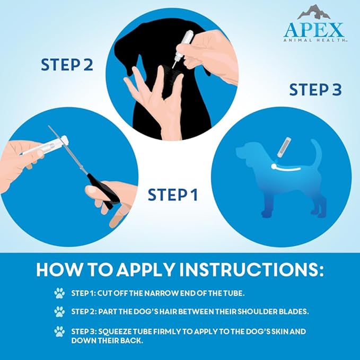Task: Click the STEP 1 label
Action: [x=172, y=194]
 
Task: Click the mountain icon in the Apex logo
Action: [x=314, y=13]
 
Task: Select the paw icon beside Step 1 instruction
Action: [x=59, y=292]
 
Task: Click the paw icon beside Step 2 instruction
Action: [x=59, y=312]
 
